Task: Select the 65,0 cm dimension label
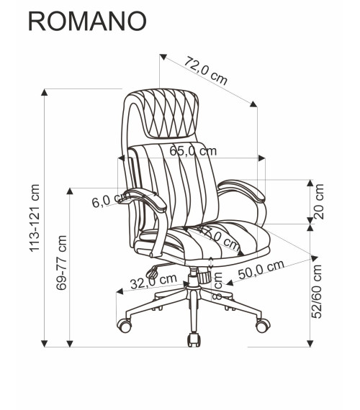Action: coord(193,151)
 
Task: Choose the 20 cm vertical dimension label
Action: coord(320,202)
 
